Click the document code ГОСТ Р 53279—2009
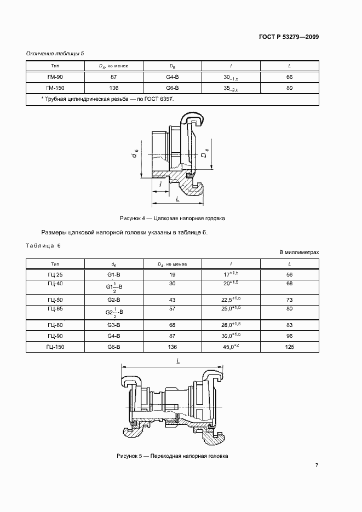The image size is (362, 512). point(289,38)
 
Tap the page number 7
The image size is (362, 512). point(317,465)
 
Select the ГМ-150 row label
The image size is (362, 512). point(55,88)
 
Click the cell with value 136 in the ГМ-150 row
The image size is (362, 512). point(114,88)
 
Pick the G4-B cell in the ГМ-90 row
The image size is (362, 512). point(173,77)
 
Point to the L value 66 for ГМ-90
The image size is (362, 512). point(290,77)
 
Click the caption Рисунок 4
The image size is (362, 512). point(174,217)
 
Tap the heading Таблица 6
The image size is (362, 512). point(44,245)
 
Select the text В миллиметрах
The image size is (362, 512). point(299,252)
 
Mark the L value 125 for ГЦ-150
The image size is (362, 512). point(290,347)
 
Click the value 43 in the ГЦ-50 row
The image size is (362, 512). point(173,300)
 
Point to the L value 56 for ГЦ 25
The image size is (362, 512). point(290,274)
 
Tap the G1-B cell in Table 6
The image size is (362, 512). point(114,274)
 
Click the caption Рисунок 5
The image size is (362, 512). point(171,456)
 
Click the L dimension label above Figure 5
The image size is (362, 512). point(179,360)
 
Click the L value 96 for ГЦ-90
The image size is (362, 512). point(290,336)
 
